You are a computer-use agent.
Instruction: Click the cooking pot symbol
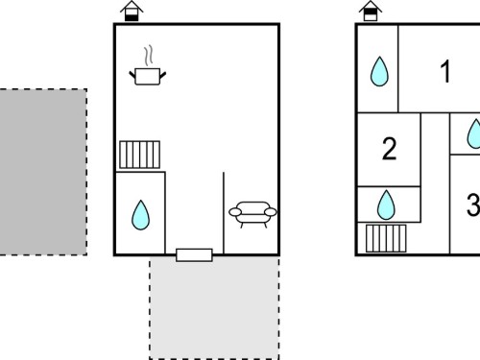point(148,77)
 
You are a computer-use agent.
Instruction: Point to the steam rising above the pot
point(148,56)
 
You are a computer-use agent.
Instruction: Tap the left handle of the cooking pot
point(132,75)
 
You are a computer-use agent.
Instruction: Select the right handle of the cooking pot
point(163,75)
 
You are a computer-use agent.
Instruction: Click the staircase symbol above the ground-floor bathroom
point(140,155)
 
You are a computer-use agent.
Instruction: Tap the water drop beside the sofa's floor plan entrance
point(140,215)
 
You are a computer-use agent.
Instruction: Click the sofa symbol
point(252,213)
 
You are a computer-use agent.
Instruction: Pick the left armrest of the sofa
point(235,212)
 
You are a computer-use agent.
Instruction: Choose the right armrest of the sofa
point(271,212)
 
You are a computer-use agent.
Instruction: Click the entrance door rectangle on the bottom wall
point(194,255)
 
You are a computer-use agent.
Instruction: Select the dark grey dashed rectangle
point(43,172)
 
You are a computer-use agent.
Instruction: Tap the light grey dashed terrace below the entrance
point(214,307)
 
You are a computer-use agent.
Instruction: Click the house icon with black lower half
point(132,12)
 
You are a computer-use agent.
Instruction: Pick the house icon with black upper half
point(371,12)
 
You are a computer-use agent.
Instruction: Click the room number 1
point(445,71)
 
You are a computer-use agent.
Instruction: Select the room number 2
point(390,149)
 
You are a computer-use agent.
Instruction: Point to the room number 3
point(473,204)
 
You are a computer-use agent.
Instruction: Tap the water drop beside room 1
point(379,71)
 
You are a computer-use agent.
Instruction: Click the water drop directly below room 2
point(386,205)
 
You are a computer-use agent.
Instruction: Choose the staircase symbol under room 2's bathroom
point(386,238)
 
